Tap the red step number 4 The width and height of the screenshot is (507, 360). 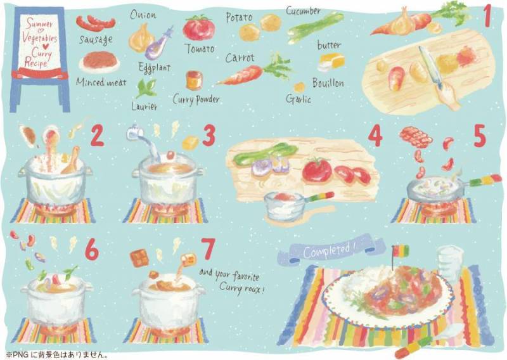pyautogui.click(x=375, y=136)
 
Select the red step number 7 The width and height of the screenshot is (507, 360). pyautogui.click(x=208, y=249)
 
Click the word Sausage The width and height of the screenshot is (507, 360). pyautogui.click(x=96, y=39)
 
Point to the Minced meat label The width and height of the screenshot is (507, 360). pyautogui.click(x=101, y=82)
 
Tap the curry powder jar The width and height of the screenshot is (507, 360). pyautogui.click(x=194, y=80)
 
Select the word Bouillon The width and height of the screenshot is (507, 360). pyautogui.click(x=328, y=83)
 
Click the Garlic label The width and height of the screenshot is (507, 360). pyautogui.click(x=298, y=99)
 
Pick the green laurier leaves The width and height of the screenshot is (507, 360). pyautogui.click(x=146, y=88)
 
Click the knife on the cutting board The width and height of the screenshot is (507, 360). pyautogui.click(x=430, y=67)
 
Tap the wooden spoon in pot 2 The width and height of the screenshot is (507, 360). pyautogui.click(x=71, y=160)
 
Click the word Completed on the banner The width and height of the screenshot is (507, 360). pyautogui.click(x=326, y=251)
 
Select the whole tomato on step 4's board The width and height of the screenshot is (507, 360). pyautogui.click(x=317, y=169)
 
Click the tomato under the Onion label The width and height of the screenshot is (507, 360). pyautogui.click(x=198, y=28)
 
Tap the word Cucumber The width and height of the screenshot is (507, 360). pyautogui.click(x=303, y=11)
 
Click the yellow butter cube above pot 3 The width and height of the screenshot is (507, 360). pyautogui.click(x=191, y=143)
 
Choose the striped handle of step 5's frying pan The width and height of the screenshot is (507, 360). pyautogui.click(x=485, y=180)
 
